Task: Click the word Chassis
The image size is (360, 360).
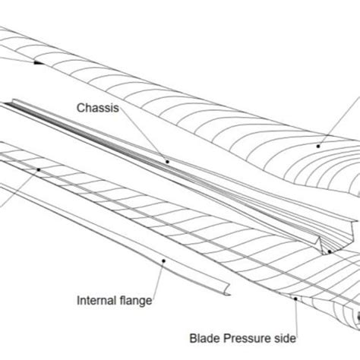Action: (x=97, y=109)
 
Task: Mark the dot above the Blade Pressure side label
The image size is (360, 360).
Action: (x=296, y=299)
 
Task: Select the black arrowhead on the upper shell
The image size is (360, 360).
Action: (x=37, y=65)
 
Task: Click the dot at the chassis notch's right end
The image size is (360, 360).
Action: (x=330, y=250)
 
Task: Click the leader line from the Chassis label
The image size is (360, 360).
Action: (x=144, y=137)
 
